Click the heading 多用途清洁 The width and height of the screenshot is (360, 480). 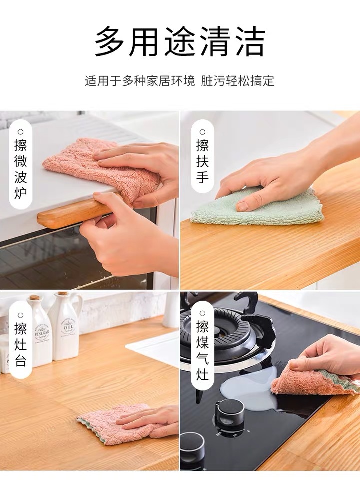pyautogui.click(x=180, y=42)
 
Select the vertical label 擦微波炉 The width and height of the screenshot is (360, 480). pyautogui.click(x=20, y=168)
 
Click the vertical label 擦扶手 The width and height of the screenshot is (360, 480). pyautogui.click(x=202, y=161)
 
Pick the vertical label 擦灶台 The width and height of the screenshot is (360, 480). pyautogui.click(x=20, y=344)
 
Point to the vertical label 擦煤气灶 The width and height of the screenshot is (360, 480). pyautogui.click(x=202, y=350)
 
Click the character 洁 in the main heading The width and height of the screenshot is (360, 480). pyautogui.click(x=248, y=42)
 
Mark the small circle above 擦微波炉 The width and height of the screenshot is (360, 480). pyautogui.click(x=20, y=132)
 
